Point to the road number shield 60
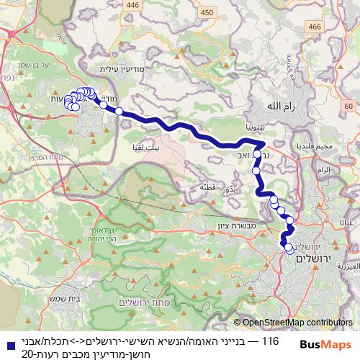pos(348,107)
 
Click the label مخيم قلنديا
pos(314,145)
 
